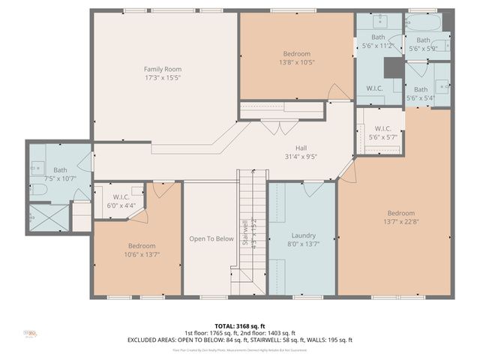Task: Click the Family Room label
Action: (163, 69)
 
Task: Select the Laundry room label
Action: (302, 235)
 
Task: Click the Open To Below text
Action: (211, 239)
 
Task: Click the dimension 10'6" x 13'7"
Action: (142, 254)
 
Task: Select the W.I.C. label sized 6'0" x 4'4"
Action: (114, 196)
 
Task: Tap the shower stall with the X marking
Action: (49, 220)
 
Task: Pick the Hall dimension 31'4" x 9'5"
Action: (301, 157)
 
